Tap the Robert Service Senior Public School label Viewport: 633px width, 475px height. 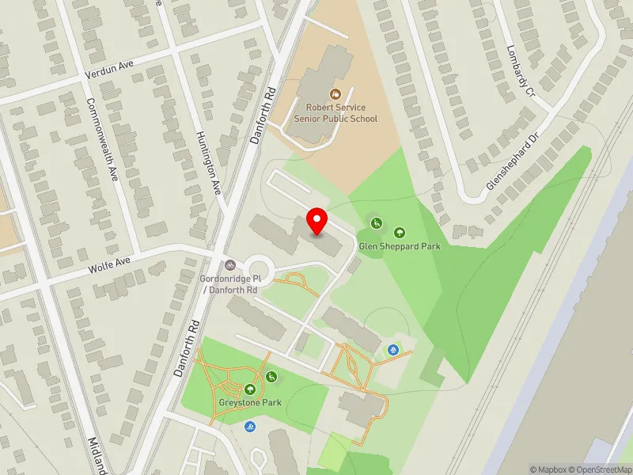pyautogui.click(x=335, y=113)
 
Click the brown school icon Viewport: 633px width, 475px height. pyautogui.click(x=335, y=95)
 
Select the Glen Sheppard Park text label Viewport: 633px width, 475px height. pyautogui.click(x=400, y=246)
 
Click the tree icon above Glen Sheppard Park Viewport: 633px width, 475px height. pyautogui.click(x=400, y=233)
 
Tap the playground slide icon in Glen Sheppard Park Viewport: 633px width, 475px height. pyautogui.click(x=377, y=222)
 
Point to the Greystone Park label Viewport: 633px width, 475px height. pyautogui.click(x=250, y=402)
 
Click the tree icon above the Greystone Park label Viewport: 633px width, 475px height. pyautogui.click(x=251, y=388)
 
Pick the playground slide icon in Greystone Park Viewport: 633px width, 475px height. pyautogui.click(x=272, y=376)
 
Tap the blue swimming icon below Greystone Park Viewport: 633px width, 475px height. pyautogui.click(x=251, y=427)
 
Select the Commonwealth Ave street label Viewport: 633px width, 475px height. pyautogui.click(x=102, y=139)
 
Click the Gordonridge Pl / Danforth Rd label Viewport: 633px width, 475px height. pyautogui.click(x=229, y=285)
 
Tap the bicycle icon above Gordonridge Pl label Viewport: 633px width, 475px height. pyautogui.click(x=229, y=266)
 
